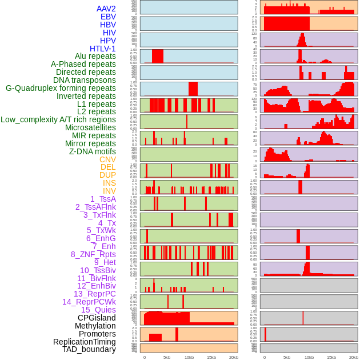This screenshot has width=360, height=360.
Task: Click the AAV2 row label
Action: pos(106,9)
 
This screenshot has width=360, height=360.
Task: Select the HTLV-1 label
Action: pos(103,49)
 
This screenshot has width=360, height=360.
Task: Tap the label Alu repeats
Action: pos(95,56)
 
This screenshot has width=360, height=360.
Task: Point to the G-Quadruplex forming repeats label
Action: pos(61,88)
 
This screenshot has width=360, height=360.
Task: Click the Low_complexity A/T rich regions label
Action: pos(58,119)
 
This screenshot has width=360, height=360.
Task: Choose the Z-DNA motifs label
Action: pos(93,151)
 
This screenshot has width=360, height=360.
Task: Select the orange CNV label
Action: pos(107,159)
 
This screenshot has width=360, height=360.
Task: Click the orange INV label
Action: pos(109,191)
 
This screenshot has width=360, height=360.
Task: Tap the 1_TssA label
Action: pos(103,199)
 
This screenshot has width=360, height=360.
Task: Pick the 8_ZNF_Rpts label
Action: pos(93,254)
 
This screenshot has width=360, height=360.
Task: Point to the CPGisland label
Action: pos(97,318)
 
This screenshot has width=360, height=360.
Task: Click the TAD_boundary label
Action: pos(89,349)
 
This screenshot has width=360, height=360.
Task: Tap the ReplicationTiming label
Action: pos(85,342)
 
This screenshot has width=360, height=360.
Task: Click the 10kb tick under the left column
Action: pos(189,357)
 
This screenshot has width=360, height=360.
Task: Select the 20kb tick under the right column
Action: pos(354,357)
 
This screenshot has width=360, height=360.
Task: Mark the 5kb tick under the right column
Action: pos(287,357)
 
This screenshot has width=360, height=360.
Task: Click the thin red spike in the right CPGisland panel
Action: pos(303,318)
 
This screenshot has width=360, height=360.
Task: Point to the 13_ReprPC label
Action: pos(95,294)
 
